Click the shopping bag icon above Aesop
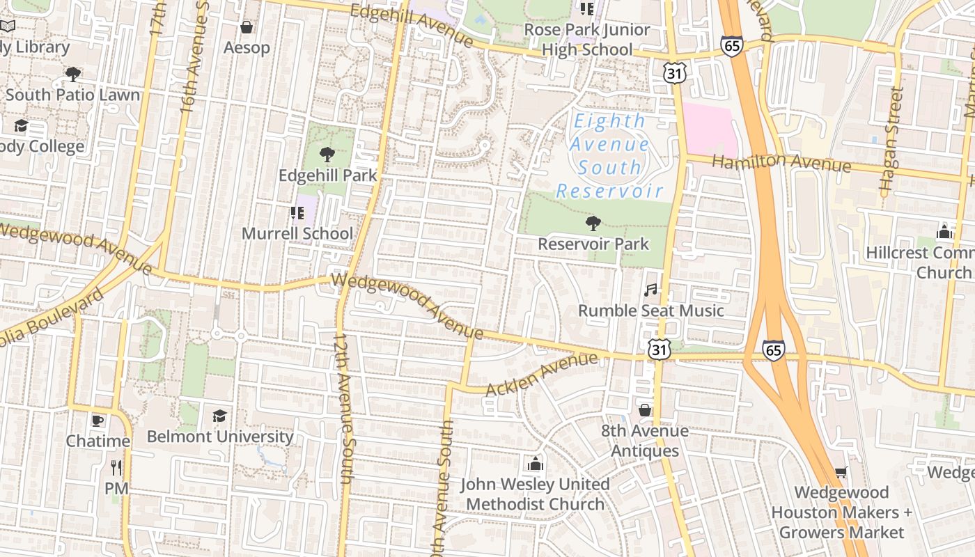[246, 27]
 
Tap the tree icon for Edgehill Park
[327, 155]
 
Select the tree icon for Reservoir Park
[593, 223]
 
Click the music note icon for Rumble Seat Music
[650, 290]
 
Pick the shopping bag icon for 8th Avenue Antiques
[645, 410]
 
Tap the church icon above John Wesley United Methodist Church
[535, 463]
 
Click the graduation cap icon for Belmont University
[220, 416]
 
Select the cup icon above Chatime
[97, 421]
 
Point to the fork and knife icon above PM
[116, 467]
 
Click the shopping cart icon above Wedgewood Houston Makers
[841, 472]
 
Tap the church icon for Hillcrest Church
[944, 231]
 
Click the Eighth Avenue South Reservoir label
[609, 156]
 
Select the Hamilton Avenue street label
[781, 162]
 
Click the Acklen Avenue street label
[541, 374]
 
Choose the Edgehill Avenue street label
[412, 25]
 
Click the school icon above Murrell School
[297, 212]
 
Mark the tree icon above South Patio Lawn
[72, 74]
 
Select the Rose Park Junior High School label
[586, 40]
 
